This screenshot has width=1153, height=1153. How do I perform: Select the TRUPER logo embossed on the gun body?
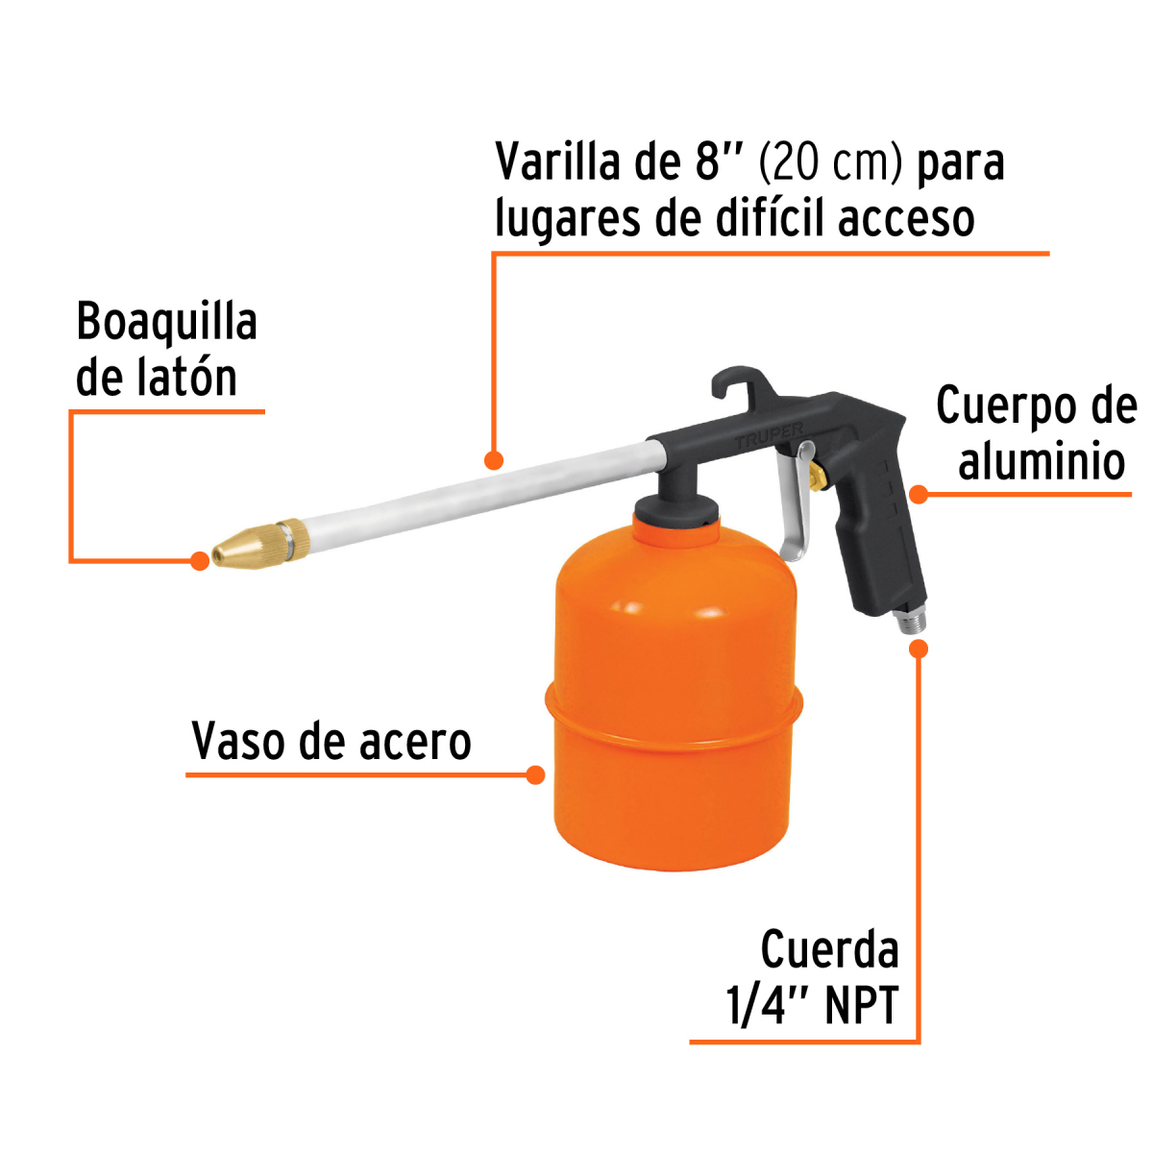point(769,437)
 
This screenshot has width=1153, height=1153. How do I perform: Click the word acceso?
point(906,219)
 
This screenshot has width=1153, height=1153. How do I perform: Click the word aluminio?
point(1042,462)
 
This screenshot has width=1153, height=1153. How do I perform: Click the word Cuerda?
point(829,951)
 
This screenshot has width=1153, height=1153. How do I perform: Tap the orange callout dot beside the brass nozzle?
point(199,560)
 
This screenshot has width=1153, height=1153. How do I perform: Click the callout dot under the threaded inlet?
point(919,649)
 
